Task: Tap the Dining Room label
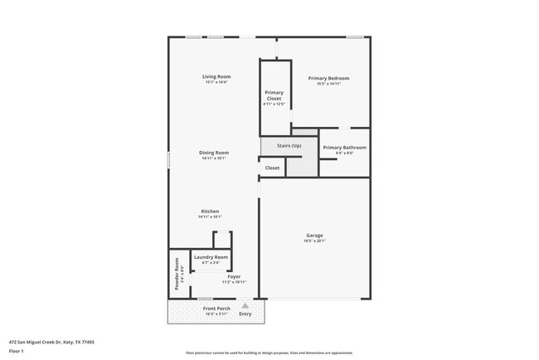coord(214,153)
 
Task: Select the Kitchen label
coord(211,212)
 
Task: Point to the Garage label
coord(314,235)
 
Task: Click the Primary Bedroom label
coord(328,78)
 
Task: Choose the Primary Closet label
coord(274,95)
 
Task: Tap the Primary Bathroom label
coord(344,147)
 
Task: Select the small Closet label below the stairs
coord(272,168)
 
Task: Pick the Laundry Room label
coord(211,257)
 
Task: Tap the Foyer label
coord(234,277)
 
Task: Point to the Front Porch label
coord(216,309)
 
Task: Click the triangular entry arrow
coord(245,305)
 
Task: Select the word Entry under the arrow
coord(245,314)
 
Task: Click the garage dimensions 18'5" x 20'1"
coord(314,241)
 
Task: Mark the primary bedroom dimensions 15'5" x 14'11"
coord(328,84)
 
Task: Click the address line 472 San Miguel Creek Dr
coord(51,341)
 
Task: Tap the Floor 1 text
coord(17,350)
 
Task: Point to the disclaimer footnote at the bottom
coord(269,353)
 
